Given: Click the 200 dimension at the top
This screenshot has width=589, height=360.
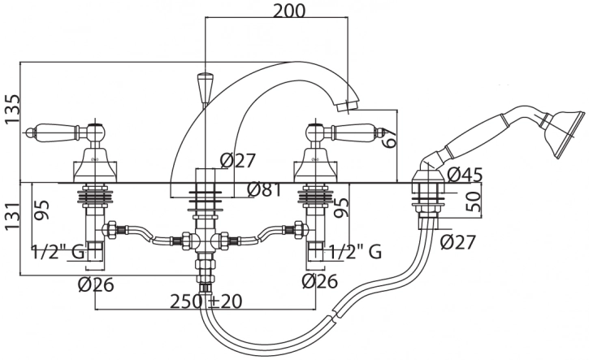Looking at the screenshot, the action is click(289, 11).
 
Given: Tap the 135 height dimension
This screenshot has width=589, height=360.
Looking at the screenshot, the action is click(11, 109).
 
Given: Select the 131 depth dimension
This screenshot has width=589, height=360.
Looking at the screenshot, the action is click(11, 218).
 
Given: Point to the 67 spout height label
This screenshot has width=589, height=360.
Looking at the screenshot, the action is click(389, 138).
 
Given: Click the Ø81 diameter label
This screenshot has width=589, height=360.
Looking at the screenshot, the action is click(265, 190).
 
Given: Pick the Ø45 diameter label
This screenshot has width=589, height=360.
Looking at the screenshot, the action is click(465, 175).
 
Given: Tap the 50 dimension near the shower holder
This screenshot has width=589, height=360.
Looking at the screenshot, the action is click(474, 202).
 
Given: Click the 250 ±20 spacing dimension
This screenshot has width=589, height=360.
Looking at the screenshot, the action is click(206, 301).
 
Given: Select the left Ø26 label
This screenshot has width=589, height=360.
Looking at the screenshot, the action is click(96, 285).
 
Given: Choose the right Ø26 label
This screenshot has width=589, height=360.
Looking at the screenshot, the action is click(319, 281).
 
